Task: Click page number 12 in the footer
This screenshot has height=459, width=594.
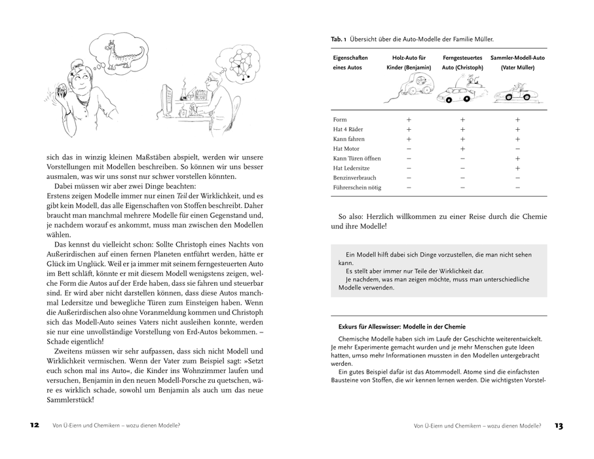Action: point(35,425)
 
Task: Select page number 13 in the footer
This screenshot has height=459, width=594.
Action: point(558,425)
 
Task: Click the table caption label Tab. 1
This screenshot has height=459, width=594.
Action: point(339,40)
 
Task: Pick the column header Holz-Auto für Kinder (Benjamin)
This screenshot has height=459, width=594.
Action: point(409,62)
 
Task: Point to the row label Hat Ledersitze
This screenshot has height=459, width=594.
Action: point(352,169)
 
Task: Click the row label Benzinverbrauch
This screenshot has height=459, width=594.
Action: point(355,178)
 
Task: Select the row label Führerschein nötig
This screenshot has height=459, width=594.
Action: point(357,188)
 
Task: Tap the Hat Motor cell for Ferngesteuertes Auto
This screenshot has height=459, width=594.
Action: point(462,149)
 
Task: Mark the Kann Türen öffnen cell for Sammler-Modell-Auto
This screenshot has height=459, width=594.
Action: point(517,159)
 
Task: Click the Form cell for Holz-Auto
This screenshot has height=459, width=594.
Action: point(409,120)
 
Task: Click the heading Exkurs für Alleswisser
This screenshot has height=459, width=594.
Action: point(399,326)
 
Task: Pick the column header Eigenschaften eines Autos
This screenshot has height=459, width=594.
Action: point(351,62)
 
